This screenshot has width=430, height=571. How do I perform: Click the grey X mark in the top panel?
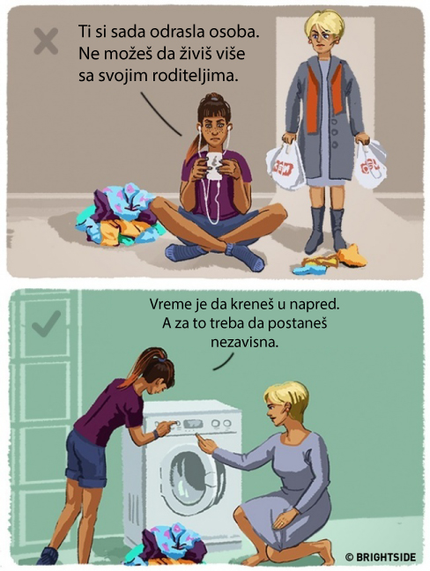pos(46,41)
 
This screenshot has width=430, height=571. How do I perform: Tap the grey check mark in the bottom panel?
pos(46,323)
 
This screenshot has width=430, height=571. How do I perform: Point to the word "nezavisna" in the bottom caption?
pos(244,342)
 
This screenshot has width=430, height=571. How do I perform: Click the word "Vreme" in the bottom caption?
pos(168,304)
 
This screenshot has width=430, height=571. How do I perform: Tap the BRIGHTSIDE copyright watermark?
pos(381,557)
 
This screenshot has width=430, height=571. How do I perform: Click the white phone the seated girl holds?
pos(213,165)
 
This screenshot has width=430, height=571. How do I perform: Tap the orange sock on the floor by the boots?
pos(352,256)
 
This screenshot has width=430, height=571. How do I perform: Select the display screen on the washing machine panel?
pos(193,424)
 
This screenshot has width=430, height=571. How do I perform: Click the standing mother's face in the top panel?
pos(322,40)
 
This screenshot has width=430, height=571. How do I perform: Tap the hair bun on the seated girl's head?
pos(213,97)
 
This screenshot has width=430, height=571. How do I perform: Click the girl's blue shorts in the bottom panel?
pos(86,460)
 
